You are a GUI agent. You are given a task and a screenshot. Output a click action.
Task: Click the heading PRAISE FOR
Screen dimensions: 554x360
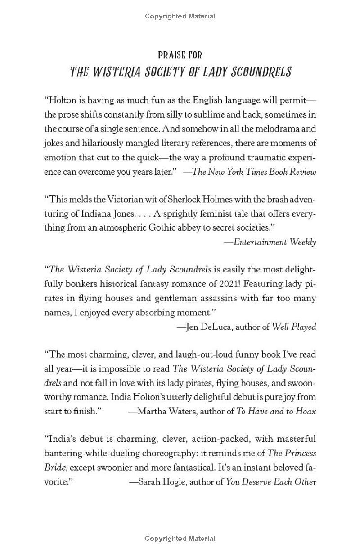click(x=180, y=55)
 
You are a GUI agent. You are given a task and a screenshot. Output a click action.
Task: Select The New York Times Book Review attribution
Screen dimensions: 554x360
click(x=254, y=172)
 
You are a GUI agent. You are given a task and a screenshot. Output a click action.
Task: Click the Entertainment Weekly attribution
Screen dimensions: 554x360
click(x=275, y=242)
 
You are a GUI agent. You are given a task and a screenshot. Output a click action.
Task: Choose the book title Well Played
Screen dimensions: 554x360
click(x=294, y=327)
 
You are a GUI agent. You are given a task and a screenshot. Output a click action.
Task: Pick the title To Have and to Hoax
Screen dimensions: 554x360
click(x=276, y=411)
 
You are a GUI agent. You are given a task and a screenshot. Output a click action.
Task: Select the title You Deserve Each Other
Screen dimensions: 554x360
click(x=271, y=481)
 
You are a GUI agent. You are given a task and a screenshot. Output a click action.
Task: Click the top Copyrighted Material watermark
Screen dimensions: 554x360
click(x=180, y=16)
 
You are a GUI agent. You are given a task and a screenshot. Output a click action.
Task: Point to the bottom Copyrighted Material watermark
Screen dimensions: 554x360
click(x=180, y=539)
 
